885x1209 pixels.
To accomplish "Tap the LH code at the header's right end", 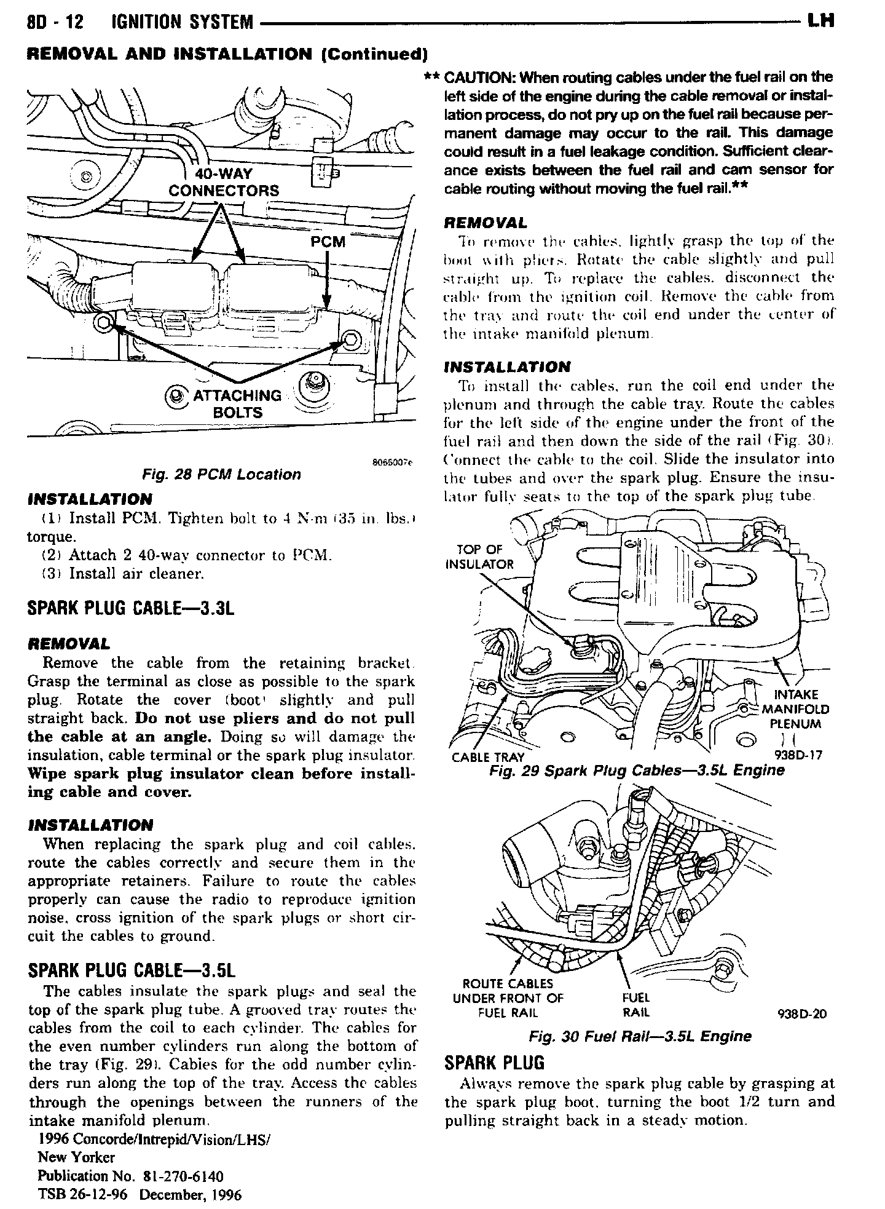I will click(x=820, y=22).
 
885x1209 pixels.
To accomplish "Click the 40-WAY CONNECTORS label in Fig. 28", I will click(x=224, y=183).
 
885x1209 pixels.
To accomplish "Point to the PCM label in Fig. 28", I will click(x=328, y=242).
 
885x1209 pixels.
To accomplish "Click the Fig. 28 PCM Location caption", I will click(x=221, y=474).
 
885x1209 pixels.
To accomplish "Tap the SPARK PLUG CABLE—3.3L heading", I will click(x=132, y=609).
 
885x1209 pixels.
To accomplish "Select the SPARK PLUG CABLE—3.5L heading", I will click(x=132, y=970).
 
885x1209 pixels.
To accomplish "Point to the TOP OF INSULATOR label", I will click(x=479, y=557).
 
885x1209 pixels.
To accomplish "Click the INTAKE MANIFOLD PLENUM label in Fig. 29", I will click(x=795, y=709).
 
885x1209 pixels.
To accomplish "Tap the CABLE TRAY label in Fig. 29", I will click(x=488, y=757).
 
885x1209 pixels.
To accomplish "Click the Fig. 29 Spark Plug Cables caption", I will click(x=637, y=771).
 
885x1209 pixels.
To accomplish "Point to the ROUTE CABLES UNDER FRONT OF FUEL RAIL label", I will click(x=507, y=998).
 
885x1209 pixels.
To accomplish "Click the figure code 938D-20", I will click(x=802, y=1013).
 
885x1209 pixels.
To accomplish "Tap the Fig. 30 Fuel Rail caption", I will click(x=640, y=1036).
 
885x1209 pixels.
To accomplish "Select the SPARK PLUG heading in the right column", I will click(x=494, y=1063).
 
